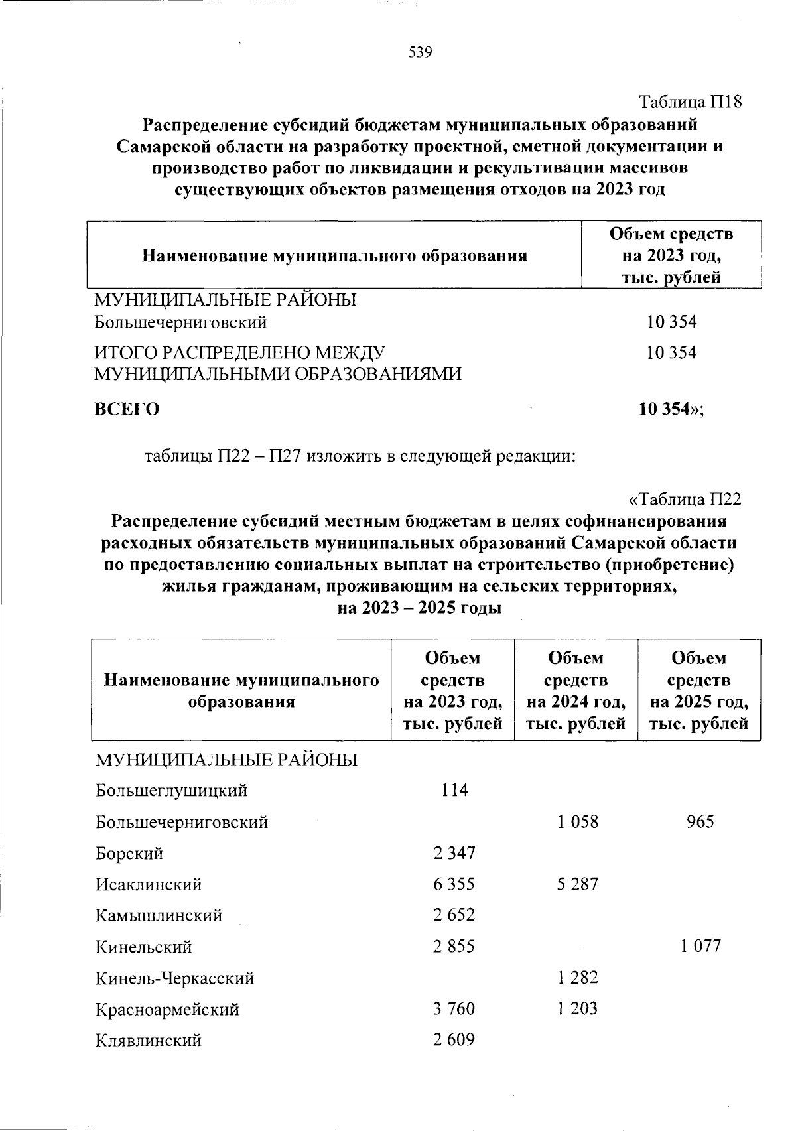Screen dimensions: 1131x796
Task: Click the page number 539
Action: click(421, 52)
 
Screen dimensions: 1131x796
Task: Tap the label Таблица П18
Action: click(689, 102)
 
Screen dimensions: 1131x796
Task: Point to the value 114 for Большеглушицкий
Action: click(454, 790)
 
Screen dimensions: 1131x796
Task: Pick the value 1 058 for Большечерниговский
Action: click(577, 822)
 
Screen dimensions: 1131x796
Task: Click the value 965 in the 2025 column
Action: click(700, 822)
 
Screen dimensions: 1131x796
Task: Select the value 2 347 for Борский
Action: click(454, 852)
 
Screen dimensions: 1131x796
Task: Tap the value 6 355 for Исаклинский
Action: click(454, 884)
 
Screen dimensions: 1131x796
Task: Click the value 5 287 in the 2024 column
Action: click(577, 884)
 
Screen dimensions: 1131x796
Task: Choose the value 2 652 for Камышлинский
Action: click(454, 915)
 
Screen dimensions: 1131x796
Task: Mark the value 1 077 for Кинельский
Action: click(700, 947)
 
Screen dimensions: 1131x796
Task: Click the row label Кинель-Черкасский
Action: click(175, 978)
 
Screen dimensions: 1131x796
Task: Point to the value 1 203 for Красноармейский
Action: click(577, 1009)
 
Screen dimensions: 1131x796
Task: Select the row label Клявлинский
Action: click(149, 1040)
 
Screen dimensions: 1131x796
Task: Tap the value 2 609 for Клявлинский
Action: click(454, 1040)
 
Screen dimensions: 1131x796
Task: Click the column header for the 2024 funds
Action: click(576, 690)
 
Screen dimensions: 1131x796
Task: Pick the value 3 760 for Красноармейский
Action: click(454, 1009)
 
